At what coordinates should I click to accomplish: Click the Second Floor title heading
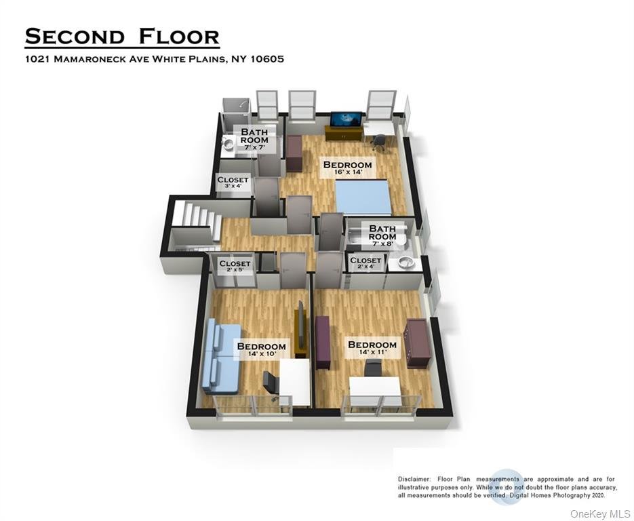coord(122,37)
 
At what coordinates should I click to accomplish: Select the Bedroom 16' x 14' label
coord(347,168)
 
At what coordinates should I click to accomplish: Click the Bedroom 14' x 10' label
coord(261,349)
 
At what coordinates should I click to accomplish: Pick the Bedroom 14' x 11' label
coord(372,348)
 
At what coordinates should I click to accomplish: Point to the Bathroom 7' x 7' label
coord(254,139)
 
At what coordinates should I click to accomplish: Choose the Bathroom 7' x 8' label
coord(382,235)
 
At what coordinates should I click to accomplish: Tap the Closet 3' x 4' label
coord(233,182)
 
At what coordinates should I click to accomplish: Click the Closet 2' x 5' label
coord(235,266)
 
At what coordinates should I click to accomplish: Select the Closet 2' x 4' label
coord(365,263)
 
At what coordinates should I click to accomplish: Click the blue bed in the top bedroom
coord(363,197)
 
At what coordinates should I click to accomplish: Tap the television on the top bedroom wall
coord(346,119)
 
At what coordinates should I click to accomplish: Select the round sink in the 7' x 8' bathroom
coord(404,262)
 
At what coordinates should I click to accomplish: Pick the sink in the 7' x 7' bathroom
coord(228,143)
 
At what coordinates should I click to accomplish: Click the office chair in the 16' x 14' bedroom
coord(378,142)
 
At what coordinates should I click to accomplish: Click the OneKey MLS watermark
coord(600,514)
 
